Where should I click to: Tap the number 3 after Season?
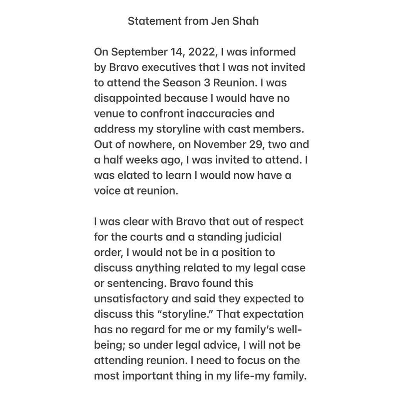[x=210, y=83]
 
